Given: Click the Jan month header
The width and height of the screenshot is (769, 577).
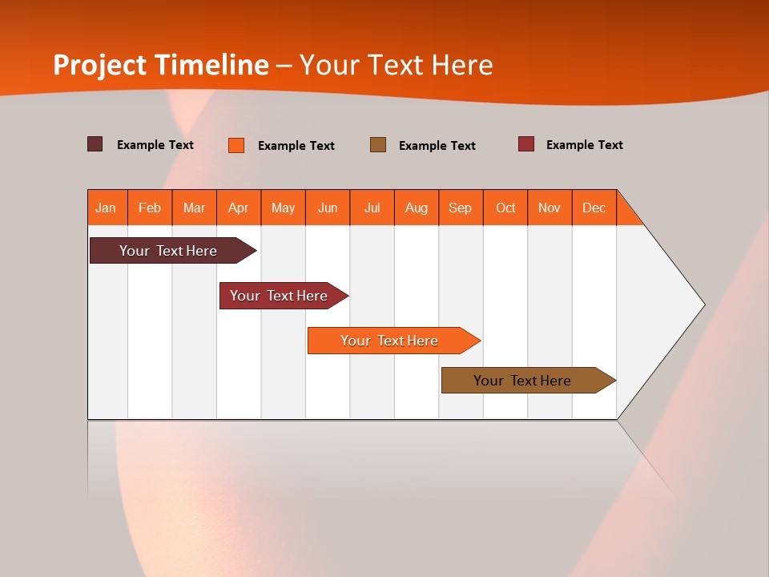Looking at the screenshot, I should coord(107,208).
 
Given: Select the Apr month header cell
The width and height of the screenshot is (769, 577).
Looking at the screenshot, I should coord(239,208).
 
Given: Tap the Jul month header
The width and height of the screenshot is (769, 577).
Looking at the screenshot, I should coord(372,208).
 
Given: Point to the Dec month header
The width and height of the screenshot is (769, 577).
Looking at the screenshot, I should coord(594,208).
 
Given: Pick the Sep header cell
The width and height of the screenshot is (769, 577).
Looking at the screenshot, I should coord(460,208).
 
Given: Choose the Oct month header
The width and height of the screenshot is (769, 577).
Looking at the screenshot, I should coord(505,208).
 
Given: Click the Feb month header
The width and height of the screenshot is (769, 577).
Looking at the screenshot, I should coord(150,208).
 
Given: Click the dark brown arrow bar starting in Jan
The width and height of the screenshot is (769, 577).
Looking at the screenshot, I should coord(168,251).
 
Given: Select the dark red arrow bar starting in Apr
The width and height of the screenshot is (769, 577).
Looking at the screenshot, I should coord(279,296).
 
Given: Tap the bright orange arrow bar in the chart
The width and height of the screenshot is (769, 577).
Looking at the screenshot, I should coord(389,341).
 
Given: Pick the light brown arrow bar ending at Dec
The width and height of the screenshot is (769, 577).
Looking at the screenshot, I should coord(522,381).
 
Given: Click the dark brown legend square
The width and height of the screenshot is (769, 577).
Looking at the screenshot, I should coord(95,144).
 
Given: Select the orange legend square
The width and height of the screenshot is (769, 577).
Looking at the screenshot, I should coord(236,145).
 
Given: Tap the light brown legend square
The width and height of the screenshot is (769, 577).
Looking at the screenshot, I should coord(378,144).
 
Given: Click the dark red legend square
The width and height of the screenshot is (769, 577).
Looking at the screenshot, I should coord(526,144).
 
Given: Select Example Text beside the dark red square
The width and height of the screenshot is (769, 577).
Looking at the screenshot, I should coord(584,145).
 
